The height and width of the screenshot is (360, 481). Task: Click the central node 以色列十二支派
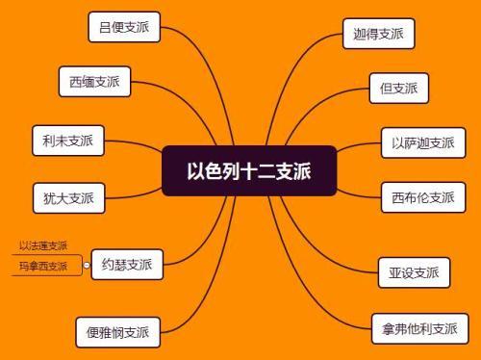pyautogui.click(x=248, y=170)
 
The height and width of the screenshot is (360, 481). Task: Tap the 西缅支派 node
pyautogui.click(x=94, y=82)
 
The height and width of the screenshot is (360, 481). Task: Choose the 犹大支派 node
pyautogui.click(x=68, y=198)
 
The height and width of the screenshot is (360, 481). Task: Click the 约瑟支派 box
pyautogui.click(x=127, y=264)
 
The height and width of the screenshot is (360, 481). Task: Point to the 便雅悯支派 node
pyautogui.click(x=117, y=332)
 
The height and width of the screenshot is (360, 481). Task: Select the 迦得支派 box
pyautogui.click(x=377, y=35)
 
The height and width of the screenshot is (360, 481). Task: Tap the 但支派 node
pyautogui.click(x=398, y=89)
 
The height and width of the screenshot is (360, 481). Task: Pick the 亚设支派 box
pyautogui.click(x=413, y=271)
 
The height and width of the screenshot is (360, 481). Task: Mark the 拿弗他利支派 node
pyautogui.click(x=420, y=328)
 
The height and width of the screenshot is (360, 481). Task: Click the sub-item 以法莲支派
pyautogui.click(x=43, y=245)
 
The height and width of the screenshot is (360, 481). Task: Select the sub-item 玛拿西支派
pyautogui.click(x=43, y=266)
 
